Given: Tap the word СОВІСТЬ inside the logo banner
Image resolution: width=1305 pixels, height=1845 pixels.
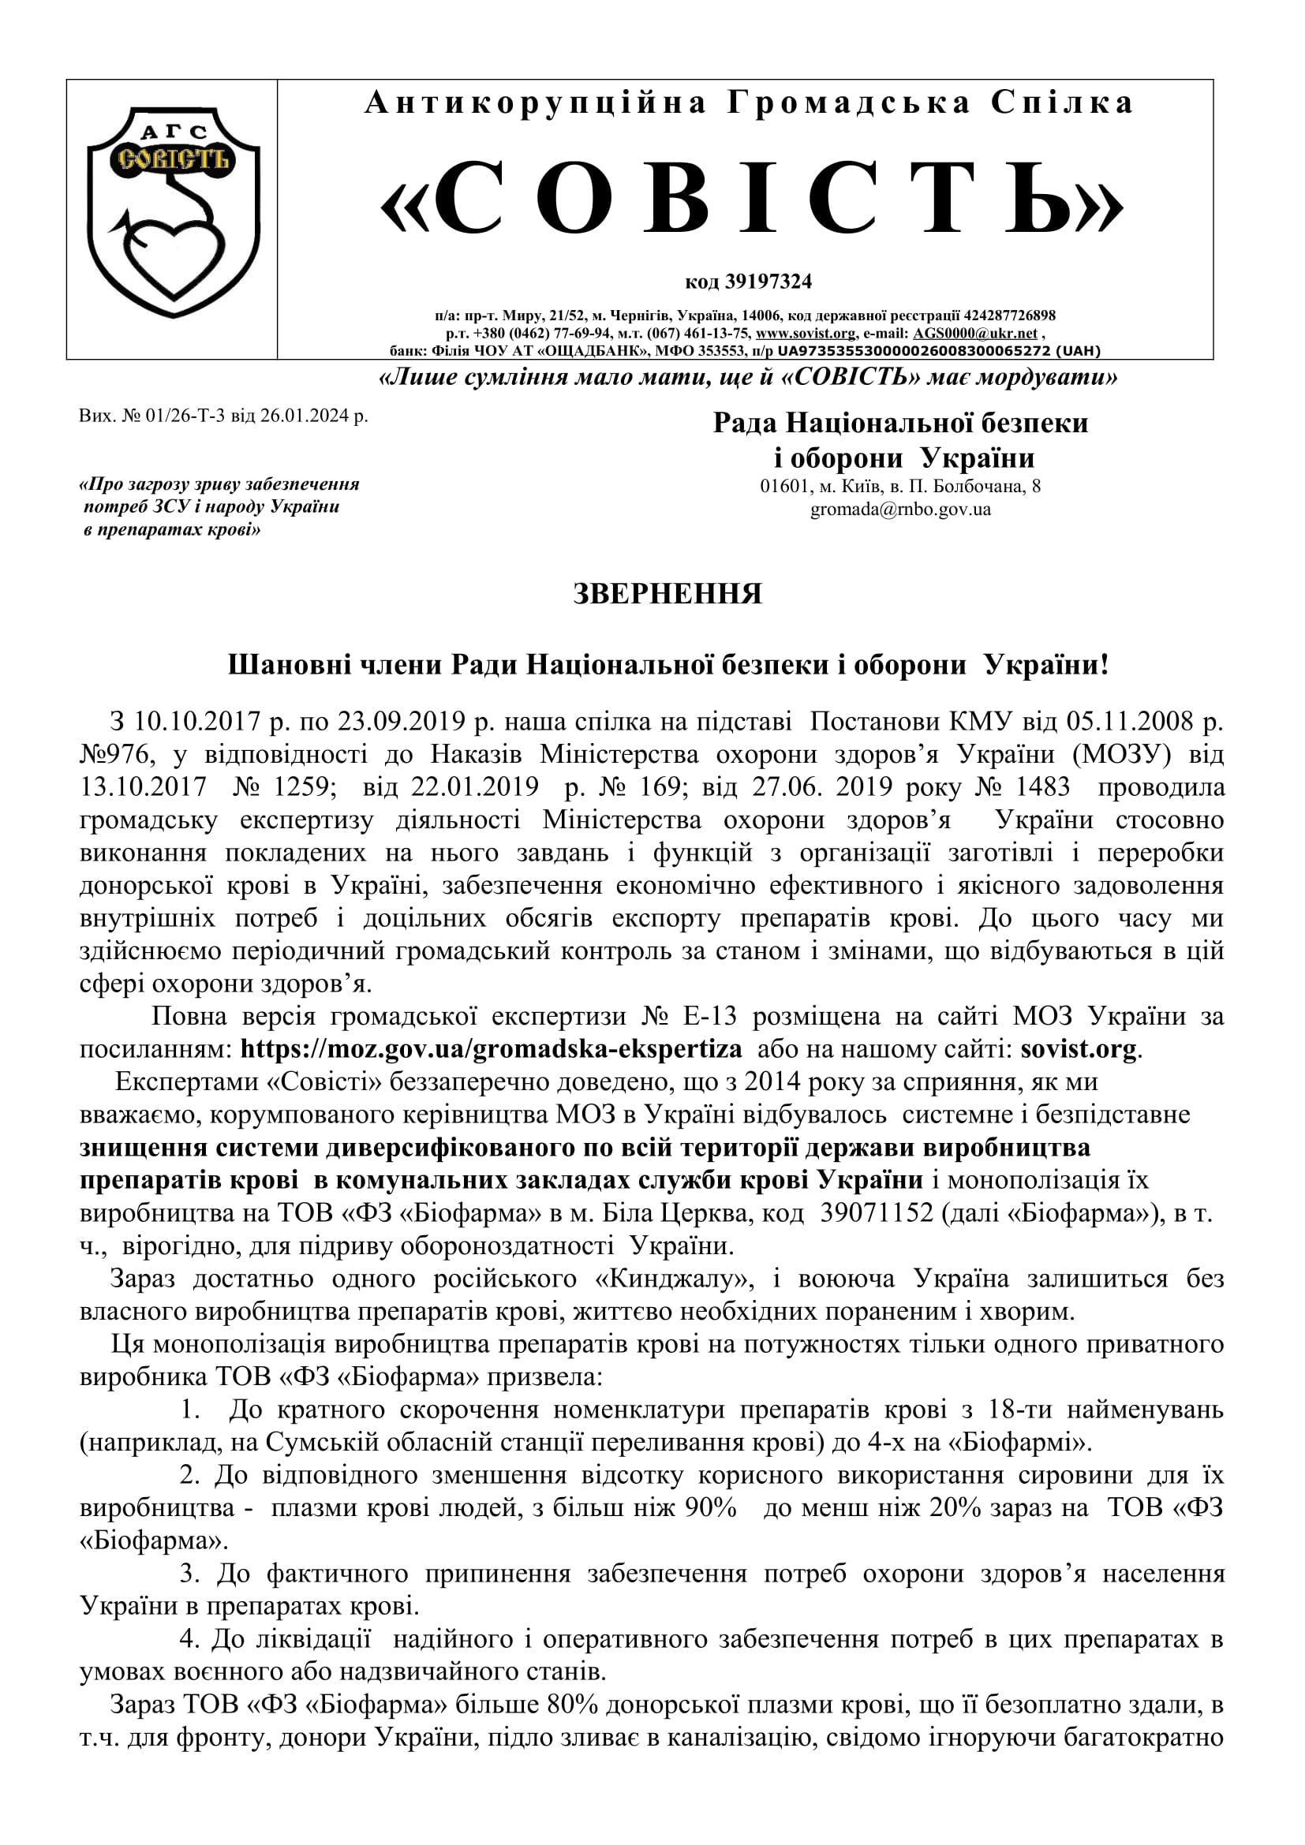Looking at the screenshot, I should pos(174,158).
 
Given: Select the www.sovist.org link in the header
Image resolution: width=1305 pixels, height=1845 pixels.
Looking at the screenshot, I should pos(806,334).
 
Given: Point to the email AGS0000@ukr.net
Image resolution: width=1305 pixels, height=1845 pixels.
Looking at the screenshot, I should pos(974,334).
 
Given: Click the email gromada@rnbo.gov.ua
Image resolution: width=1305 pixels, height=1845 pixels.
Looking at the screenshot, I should pos(900,510).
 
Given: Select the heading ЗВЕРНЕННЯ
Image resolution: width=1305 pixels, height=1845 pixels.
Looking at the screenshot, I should pos(667,594).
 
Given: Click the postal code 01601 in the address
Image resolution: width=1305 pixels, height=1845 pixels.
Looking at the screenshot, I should pos(783,486).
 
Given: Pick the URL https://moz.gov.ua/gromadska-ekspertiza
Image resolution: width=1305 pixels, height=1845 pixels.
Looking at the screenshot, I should pos(491,1049).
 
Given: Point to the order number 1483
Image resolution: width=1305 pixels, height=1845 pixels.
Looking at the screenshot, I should pos(1042,786).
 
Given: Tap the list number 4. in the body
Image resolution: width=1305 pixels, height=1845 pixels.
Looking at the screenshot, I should pos(190,1638).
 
